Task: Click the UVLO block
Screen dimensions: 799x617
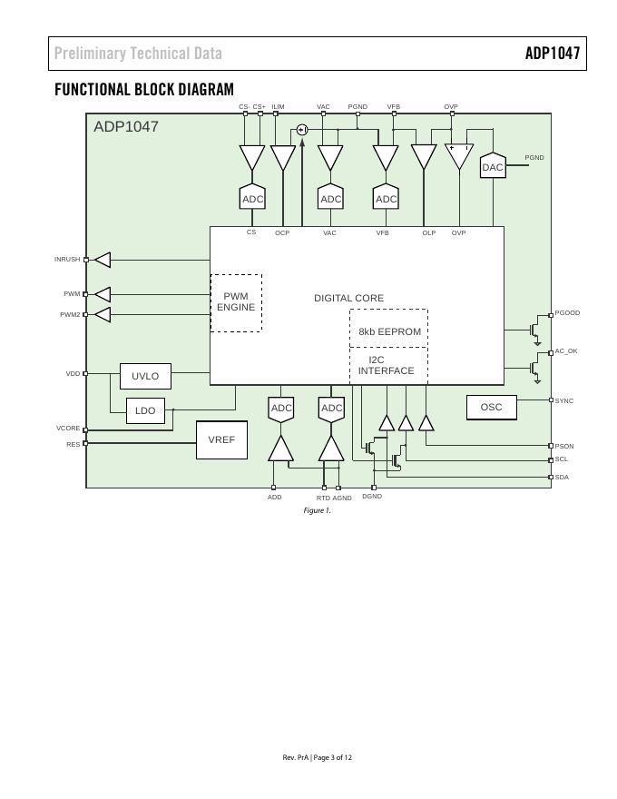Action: (x=145, y=376)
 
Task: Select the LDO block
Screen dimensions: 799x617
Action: (x=145, y=410)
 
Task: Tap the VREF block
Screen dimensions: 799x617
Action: (x=221, y=440)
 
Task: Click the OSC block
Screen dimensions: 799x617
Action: (x=491, y=408)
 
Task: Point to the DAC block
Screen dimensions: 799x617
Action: (x=492, y=167)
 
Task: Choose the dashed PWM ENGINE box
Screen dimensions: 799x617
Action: (x=236, y=302)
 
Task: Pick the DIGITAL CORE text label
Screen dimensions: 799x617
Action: (x=348, y=298)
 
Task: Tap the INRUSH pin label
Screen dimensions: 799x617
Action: (x=67, y=260)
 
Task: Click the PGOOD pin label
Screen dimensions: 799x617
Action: (x=567, y=313)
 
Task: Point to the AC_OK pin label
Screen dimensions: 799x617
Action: (x=566, y=351)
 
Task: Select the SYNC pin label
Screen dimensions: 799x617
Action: (x=564, y=400)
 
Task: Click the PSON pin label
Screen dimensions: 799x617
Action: (x=564, y=447)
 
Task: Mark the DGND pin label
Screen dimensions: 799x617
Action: (x=372, y=497)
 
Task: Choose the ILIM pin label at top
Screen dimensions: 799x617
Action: (x=278, y=107)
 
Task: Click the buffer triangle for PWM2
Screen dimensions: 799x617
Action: (x=103, y=315)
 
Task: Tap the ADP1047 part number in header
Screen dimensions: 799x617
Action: (x=552, y=54)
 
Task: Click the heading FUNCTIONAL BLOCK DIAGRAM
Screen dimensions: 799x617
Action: (x=144, y=89)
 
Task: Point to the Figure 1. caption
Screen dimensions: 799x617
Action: (x=318, y=510)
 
